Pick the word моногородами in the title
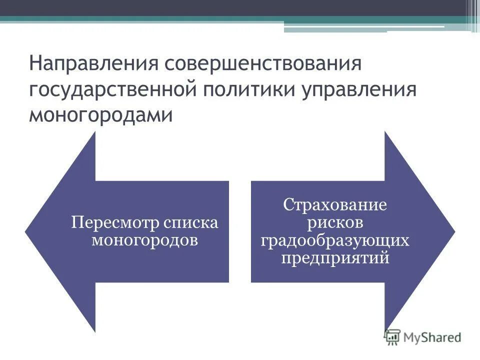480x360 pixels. point(100,115)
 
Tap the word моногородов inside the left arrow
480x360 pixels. point(144,239)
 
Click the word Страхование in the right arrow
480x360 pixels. point(335,205)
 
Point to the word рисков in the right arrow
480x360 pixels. point(335,223)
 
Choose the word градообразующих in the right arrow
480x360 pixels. point(335,240)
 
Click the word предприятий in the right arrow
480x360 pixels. point(335,258)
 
